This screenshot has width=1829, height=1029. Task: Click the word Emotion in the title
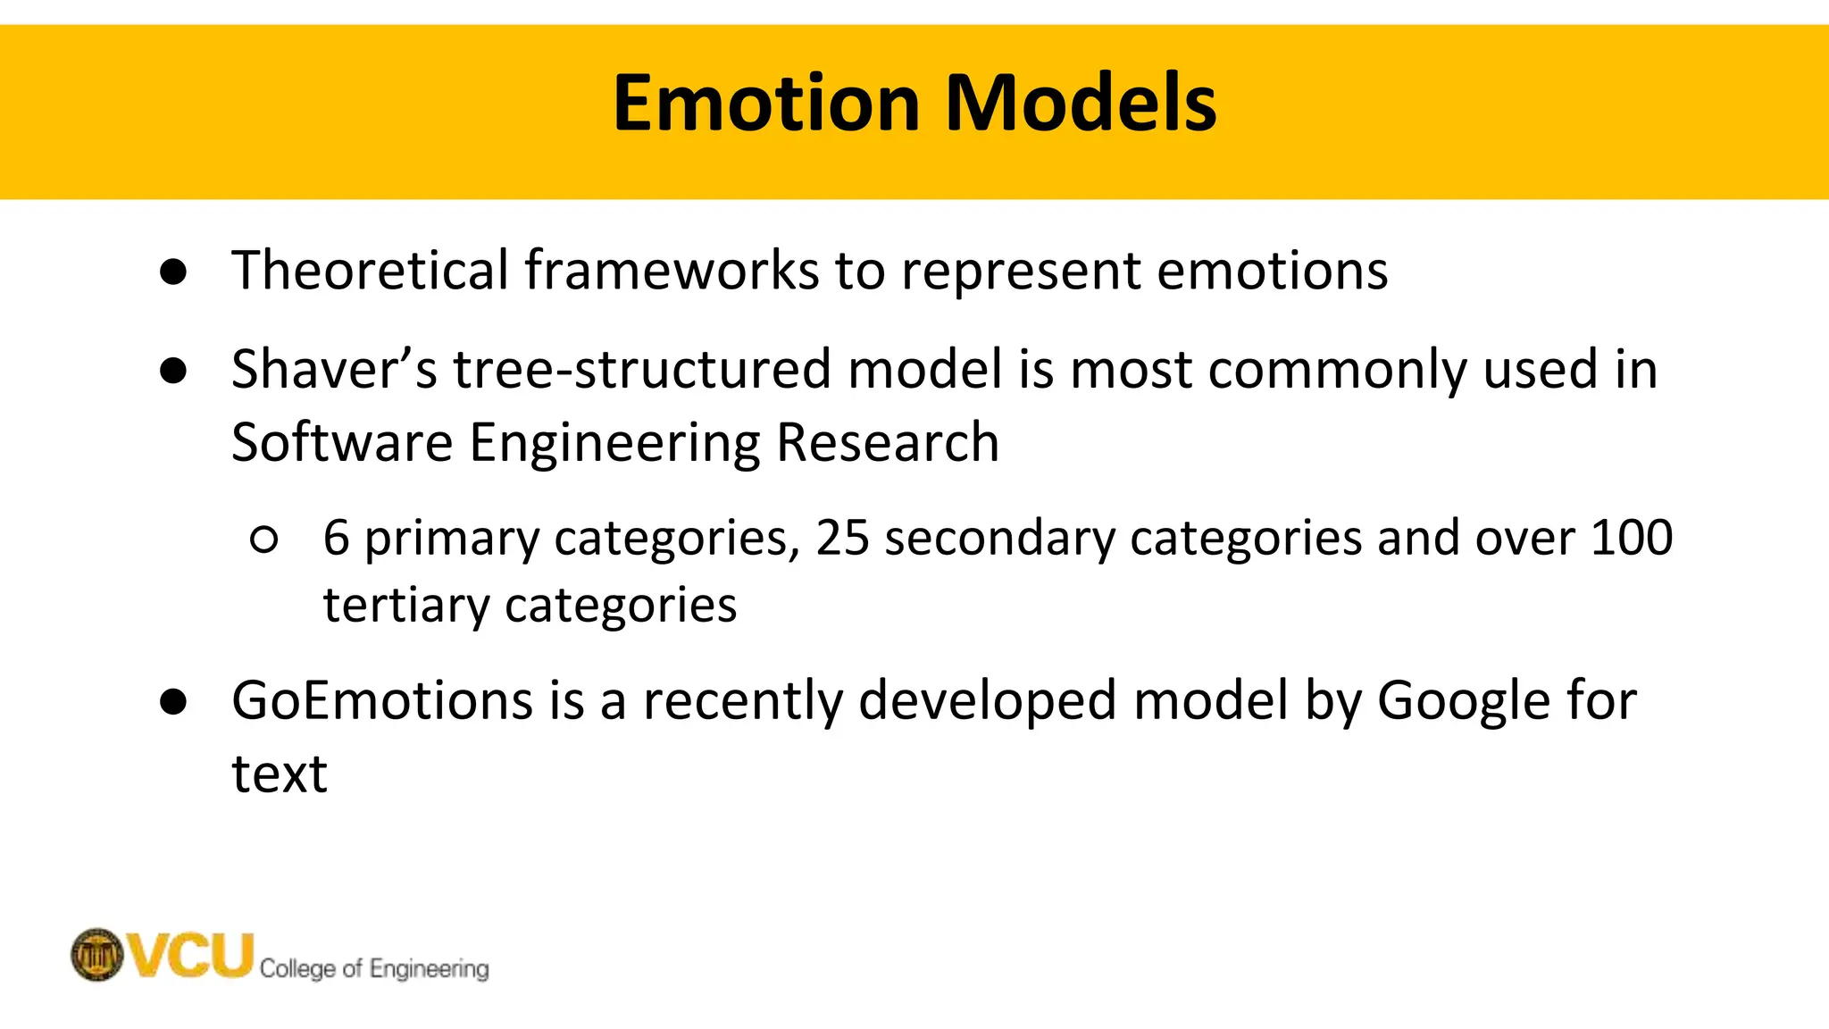(x=765, y=104)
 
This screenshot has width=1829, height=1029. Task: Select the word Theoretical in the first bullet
(x=370, y=270)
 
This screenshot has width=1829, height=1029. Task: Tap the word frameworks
(x=672, y=270)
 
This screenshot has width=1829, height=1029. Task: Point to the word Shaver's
(x=334, y=369)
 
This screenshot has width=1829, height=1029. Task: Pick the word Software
(x=342, y=442)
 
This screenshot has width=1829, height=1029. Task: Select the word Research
(x=888, y=442)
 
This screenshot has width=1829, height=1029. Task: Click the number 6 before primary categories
(x=336, y=538)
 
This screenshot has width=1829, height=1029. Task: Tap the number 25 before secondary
(x=842, y=538)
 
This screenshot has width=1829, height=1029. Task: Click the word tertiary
(x=406, y=606)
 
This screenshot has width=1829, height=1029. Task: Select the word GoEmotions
(x=382, y=700)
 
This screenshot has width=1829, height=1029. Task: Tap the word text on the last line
(x=280, y=774)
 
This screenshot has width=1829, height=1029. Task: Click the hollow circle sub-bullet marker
(x=264, y=540)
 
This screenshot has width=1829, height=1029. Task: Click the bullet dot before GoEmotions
(x=173, y=702)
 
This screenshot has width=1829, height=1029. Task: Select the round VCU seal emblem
(x=96, y=955)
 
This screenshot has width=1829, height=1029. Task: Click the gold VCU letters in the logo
(x=191, y=955)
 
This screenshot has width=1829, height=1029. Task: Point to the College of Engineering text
(x=374, y=968)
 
